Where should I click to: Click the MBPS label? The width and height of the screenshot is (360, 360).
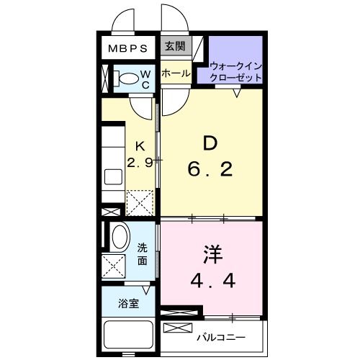[x=128, y=49]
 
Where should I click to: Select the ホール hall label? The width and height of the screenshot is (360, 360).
[x=176, y=73]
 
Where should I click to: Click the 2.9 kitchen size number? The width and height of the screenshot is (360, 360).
[x=139, y=163]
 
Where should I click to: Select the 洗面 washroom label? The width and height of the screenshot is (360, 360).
[x=143, y=254]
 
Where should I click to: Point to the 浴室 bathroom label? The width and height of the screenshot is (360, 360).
[x=129, y=304]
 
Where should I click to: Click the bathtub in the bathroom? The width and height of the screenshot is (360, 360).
[x=130, y=335]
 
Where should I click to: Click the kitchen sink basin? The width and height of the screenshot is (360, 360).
[x=114, y=176]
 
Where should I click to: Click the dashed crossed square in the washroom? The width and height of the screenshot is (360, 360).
[x=114, y=266]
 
